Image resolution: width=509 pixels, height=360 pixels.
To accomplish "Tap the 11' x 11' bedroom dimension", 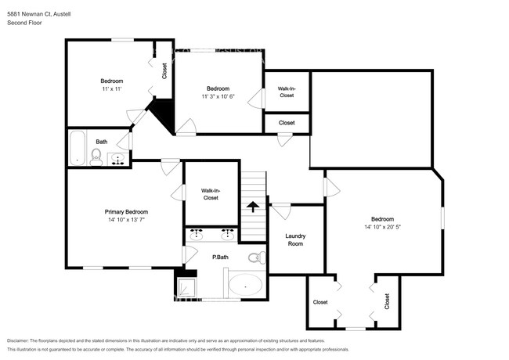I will pyautogui.click(x=111, y=90).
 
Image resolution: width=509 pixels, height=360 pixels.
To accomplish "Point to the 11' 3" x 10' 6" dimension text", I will pyautogui.click(x=218, y=96).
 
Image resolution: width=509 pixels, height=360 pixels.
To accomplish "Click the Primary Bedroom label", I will pyautogui.click(x=126, y=212).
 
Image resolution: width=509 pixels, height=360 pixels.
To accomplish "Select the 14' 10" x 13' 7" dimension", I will pyautogui.click(x=126, y=220).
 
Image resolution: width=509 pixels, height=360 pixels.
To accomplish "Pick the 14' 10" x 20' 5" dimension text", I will pyautogui.click(x=382, y=227).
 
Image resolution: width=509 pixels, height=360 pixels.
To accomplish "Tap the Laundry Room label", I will pyautogui.click(x=295, y=239).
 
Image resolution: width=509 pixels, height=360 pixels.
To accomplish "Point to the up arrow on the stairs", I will pyautogui.click(x=252, y=206).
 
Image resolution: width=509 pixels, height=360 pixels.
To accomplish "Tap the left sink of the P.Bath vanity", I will pyautogui.click(x=196, y=234).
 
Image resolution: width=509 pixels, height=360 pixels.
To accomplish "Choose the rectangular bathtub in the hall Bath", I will pyautogui.click(x=76, y=147).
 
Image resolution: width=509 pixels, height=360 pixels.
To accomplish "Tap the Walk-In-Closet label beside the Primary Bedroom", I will pyautogui.click(x=210, y=194).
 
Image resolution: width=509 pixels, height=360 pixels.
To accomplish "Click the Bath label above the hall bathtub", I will pyautogui.click(x=102, y=142).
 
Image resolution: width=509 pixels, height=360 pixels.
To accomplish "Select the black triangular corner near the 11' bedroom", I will pyautogui.click(x=163, y=114).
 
